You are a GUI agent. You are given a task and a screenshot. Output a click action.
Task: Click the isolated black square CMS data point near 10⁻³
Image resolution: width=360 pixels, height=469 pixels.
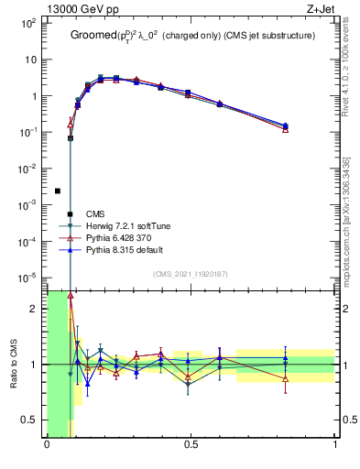(58, 191)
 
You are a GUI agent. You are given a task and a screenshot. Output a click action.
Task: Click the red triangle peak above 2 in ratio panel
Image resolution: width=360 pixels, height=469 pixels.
(71, 296)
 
